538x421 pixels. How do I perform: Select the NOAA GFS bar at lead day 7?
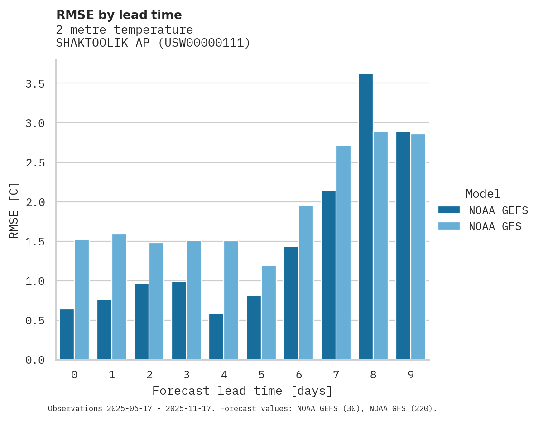point(343,253)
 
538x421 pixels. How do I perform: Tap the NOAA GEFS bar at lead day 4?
point(216,337)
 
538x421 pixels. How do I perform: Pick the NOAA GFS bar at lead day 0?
point(82,299)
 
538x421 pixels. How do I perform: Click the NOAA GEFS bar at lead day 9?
point(403,245)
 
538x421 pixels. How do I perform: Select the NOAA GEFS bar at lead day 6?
point(291,303)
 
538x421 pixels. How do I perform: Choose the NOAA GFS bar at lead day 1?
point(119,297)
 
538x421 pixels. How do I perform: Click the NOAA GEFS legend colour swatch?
point(449,210)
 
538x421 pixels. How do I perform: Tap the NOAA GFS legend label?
point(495,226)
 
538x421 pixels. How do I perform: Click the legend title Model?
point(483,194)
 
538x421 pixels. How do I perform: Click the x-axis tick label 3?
point(187,375)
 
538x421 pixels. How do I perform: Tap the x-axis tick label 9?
point(410,375)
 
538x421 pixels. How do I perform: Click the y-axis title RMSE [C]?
point(14,210)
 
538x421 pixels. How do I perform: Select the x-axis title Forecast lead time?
point(242,391)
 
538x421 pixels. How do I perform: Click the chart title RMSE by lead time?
point(119,15)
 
